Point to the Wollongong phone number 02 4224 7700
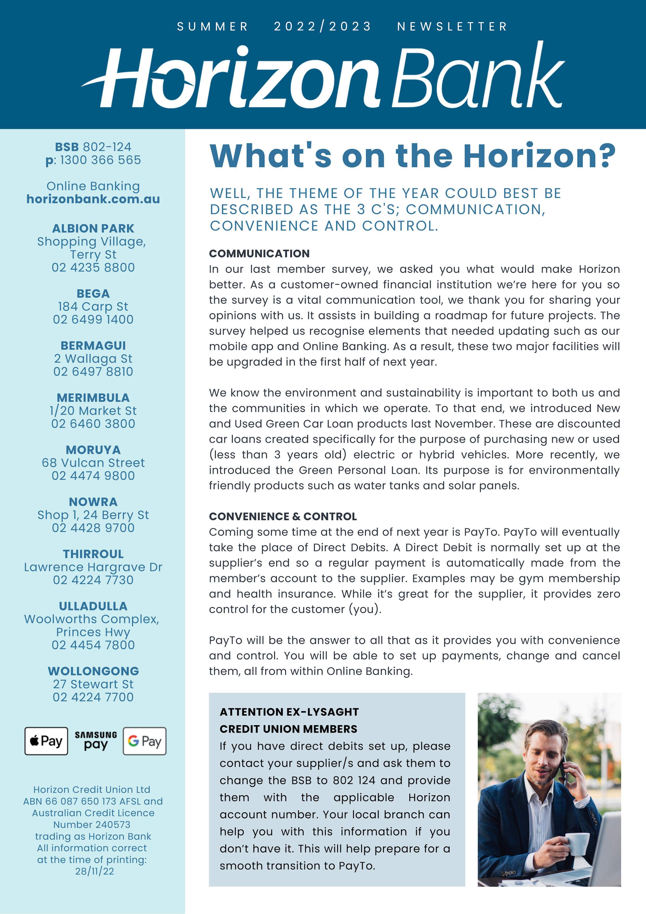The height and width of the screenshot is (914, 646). [x=93, y=697]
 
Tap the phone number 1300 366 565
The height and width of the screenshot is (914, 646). [x=100, y=160]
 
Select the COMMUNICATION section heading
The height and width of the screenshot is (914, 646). [x=259, y=254]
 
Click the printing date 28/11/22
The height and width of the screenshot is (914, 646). [x=94, y=871]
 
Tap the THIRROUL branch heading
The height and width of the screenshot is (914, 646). [x=93, y=554]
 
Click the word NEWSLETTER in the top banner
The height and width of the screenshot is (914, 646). [x=452, y=27]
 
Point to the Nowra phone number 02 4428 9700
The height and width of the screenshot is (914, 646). [x=93, y=528]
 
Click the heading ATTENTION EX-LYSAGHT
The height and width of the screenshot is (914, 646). [x=289, y=712]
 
